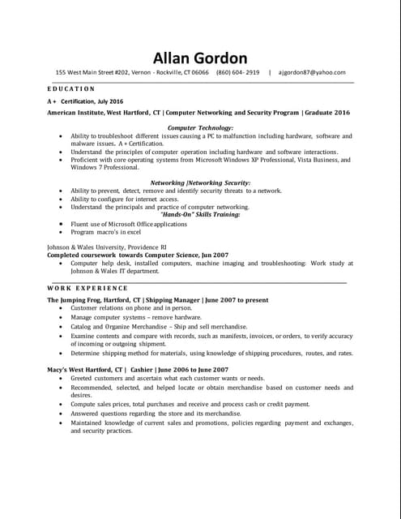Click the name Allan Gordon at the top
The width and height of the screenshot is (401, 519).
[200, 58]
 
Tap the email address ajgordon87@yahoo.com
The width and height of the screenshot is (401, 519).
[312, 73]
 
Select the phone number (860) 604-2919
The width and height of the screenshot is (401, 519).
[238, 73]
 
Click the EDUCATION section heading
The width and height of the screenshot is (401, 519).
[71, 88]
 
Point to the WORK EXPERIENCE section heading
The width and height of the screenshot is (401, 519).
[87, 288]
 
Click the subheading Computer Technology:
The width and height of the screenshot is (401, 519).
[199, 128]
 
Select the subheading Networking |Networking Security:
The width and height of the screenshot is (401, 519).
[200, 183]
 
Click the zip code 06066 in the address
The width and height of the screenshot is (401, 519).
[198, 73]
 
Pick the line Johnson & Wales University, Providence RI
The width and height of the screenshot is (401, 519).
[107, 246]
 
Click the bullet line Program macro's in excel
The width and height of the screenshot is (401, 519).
[111, 232]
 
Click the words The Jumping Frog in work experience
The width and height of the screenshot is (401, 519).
[75, 300]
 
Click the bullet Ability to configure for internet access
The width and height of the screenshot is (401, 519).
[124, 199]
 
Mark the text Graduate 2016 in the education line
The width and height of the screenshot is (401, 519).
[328, 113]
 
